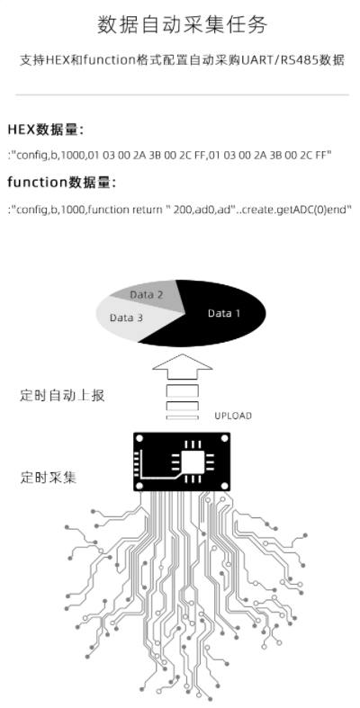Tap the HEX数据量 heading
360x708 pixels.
pyautogui.click(x=46, y=130)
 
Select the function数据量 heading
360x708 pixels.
pyautogui.click(x=62, y=183)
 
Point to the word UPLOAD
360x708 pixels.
pyautogui.click(x=233, y=416)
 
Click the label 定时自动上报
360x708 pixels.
pyautogui.click(x=62, y=396)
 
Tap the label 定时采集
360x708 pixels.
pyautogui.click(x=49, y=478)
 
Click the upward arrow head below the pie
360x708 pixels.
pyautogui.click(x=182, y=367)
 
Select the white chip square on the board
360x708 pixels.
pyautogui.click(x=193, y=462)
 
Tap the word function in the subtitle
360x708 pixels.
pyautogui.click(x=109, y=60)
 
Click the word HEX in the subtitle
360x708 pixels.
pyautogui.click(x=56, y=60)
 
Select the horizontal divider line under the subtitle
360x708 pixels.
pyautogui.click(x=182, y=94)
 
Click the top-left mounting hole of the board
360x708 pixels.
pyautogui.click(x=139, y=438)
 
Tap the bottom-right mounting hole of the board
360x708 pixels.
pyautogui.click(x=223, y=485)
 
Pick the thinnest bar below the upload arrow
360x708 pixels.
pyautogui.click(x=182, y=417)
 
